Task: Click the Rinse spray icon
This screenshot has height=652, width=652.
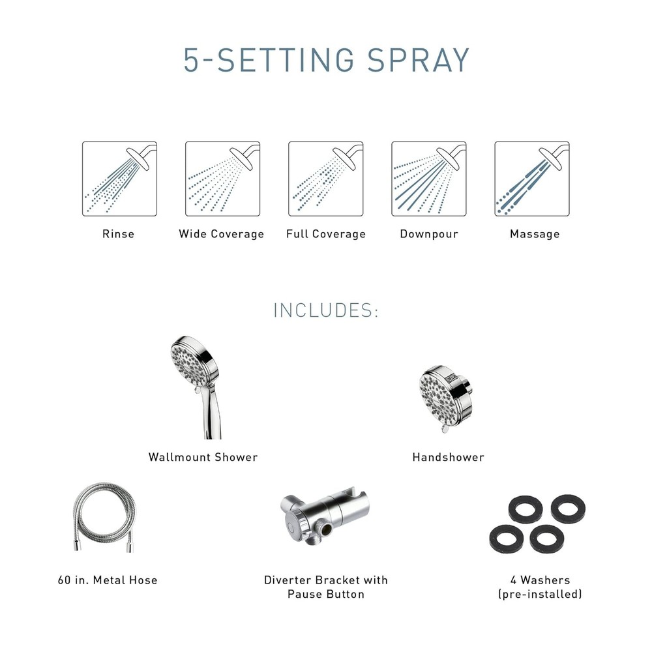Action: click(x=119, y=179)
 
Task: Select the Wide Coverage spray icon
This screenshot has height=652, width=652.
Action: click(x=222, y=179)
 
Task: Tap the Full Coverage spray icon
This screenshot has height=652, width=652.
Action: click(x=325, y=179)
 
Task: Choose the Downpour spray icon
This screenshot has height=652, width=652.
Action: click(x=428, y=179)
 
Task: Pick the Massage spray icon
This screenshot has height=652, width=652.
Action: click(x=531, y=179)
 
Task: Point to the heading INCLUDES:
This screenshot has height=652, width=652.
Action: click(x=325, y=310)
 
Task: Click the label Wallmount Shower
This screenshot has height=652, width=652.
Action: click(x=203, y=457)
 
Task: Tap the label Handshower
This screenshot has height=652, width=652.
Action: click(x=448, y=457)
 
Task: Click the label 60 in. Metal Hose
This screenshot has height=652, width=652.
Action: click(x=108, y=580)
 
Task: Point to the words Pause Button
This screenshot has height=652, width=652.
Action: click(x=325, y=594)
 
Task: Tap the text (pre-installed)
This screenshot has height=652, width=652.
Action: click(x=540, y=594)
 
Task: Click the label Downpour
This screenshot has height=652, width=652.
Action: click(x=428, y=234)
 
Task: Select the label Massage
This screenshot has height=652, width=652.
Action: click(x=534, y=234)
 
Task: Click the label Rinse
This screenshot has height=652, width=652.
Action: click(x=118, y=234)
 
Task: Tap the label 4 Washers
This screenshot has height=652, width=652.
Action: click(x=540, y=580)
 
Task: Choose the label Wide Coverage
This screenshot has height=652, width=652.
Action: click(x=221, y=234)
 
